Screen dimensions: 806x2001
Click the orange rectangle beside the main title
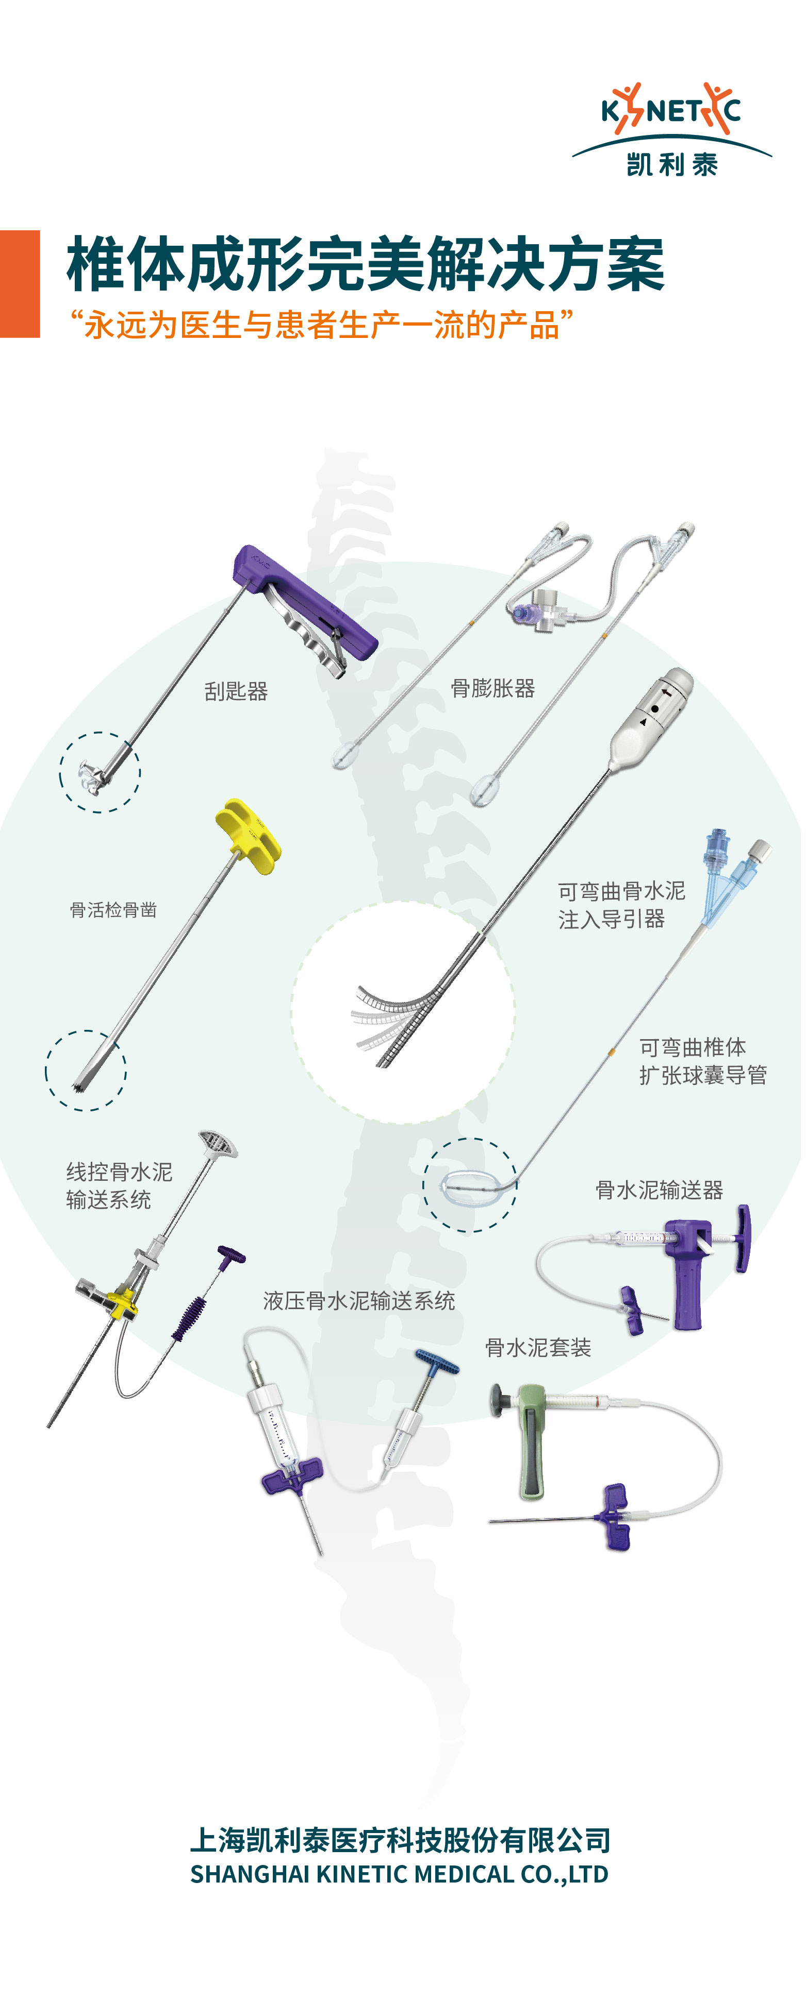[x=20, y=283]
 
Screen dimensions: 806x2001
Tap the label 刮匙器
[x=236, y=691]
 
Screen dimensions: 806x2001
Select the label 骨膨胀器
[x=493, y=688]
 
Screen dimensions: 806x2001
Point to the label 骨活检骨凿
[x=113, y=910]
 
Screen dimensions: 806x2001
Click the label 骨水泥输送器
[x=659, y=1190]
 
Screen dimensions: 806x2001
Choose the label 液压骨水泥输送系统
[x=359, y=1301]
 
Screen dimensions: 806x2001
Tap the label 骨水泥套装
[x=538, y=1348]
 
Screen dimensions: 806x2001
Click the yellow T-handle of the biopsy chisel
[x=247, y=836]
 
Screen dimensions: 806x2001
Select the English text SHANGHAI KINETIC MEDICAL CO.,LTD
[x=400, y=1874]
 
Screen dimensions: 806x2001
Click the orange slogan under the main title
[x=321, y=325]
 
